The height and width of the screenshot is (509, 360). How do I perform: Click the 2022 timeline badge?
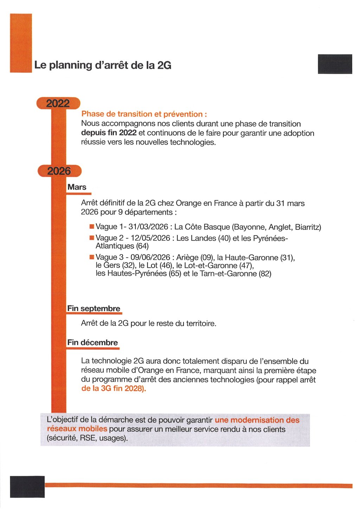click(58, 103)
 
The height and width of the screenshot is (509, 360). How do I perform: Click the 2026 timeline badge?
click(59, 171)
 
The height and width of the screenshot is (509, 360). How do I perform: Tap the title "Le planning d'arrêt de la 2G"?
click(103, 65)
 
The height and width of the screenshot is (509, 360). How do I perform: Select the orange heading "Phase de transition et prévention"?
click(144, 114)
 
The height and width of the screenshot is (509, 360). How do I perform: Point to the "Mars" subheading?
click(77, 187)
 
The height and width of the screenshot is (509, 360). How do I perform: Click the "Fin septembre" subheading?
click(94, 309)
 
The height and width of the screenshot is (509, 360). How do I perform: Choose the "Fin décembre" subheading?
click(92, 343)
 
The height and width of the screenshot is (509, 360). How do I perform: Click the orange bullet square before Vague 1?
click(92, 227)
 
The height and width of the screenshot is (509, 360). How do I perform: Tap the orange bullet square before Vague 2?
click(92, 238)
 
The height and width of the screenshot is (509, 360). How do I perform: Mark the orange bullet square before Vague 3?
click(92, 257)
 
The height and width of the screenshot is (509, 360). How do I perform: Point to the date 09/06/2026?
click(150, 258)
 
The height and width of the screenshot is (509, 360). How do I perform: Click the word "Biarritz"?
click(308, 227)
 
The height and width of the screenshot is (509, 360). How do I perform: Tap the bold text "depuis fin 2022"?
click(109, 133)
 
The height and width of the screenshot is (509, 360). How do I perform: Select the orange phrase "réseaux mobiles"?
click(77, 429)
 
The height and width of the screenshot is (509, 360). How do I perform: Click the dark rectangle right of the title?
click(335, 64)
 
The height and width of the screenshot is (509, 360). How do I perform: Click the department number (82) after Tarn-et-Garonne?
click(265, 273)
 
